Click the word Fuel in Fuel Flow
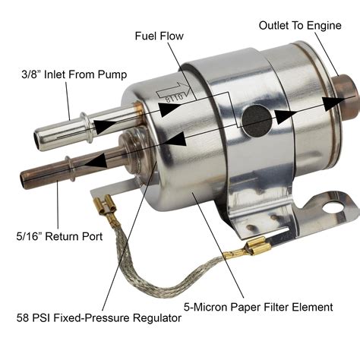[x=147, y=36]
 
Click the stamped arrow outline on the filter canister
[x=172, y=93]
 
